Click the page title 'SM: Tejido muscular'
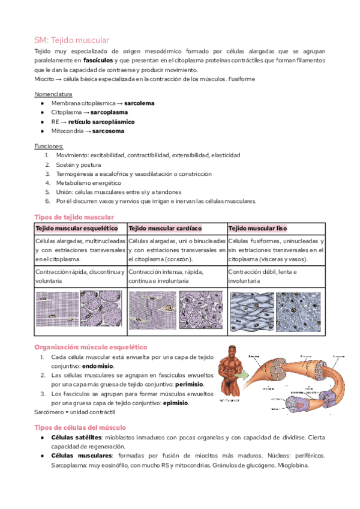[x=71, y=40]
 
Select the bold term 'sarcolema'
[x=139, y=103]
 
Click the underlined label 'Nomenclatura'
[x=53, y=94]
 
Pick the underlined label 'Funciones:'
[x=49, y=146]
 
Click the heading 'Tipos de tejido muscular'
[x=74, y=217]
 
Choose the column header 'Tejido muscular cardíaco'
[x=165, y=229]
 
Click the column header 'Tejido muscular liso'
[x=258, y=229]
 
